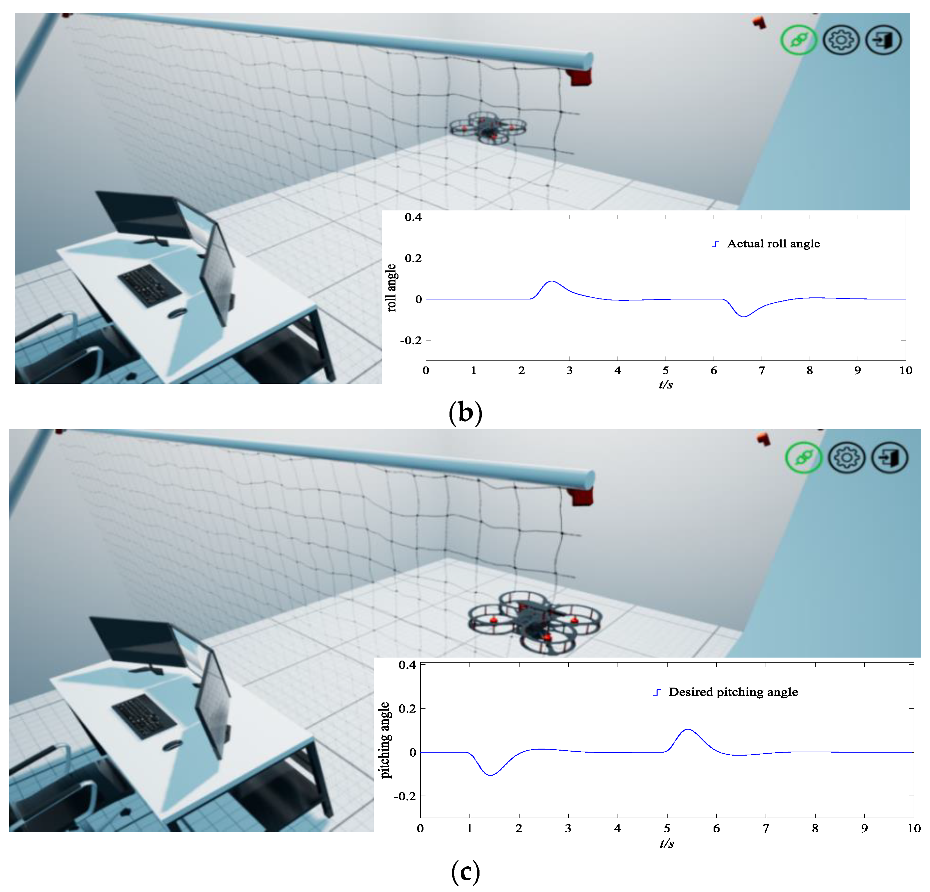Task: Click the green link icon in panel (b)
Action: [x=799, y=40]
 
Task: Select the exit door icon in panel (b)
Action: [x=884, y=40]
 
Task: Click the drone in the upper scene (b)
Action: [x=488, y=127]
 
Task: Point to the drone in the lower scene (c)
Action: [x=535, y=622]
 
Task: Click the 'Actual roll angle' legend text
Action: [x=773, y=244]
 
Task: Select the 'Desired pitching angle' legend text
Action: [x=733, y=692]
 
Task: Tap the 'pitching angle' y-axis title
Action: [x=385, y=740]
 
